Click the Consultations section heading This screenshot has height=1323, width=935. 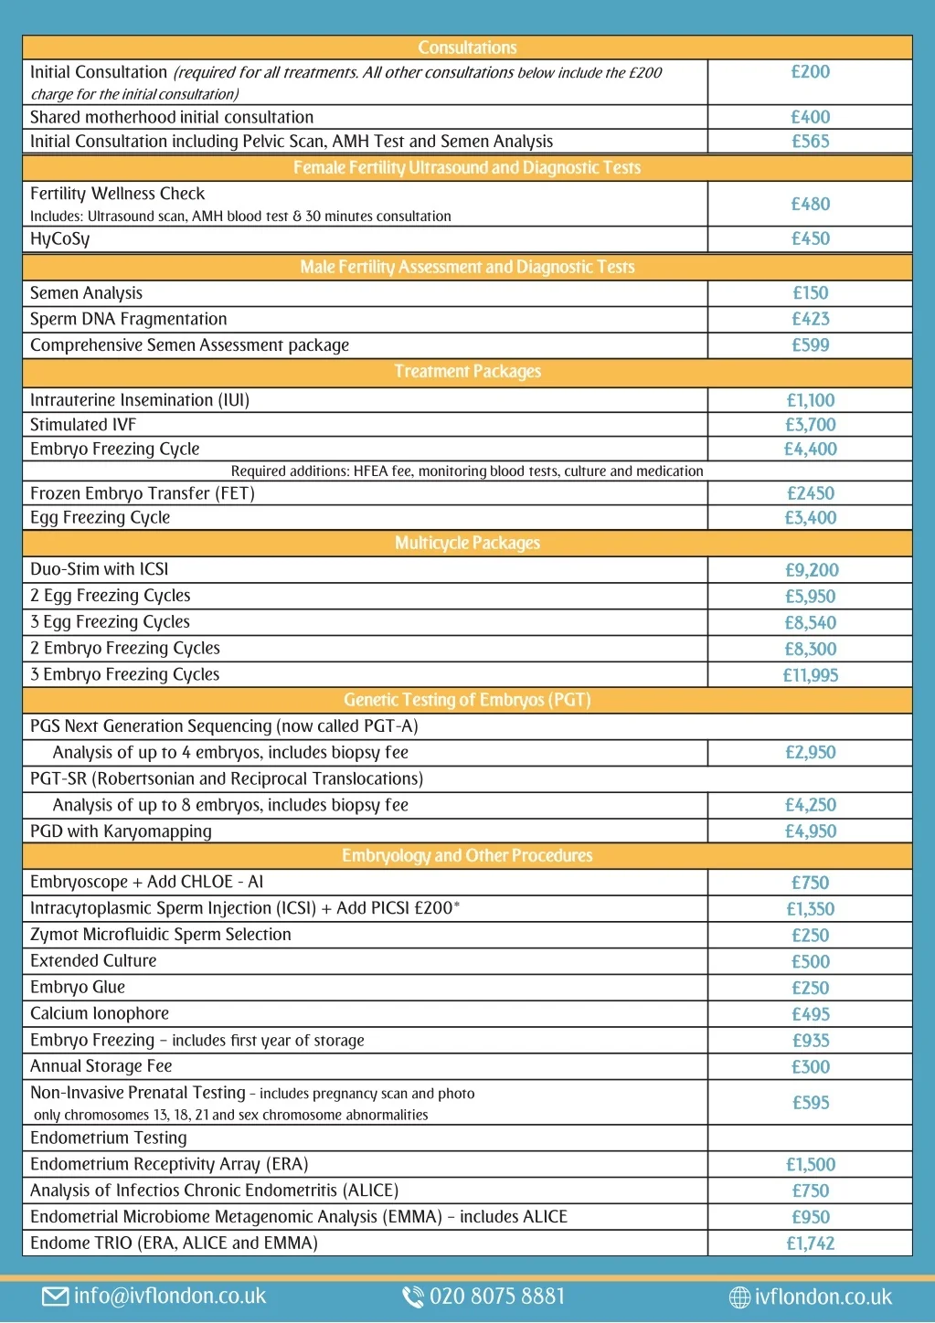tap(467, 48)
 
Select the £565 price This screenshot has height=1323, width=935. tap(810, 142)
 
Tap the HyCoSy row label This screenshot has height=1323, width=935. tap(60, 239)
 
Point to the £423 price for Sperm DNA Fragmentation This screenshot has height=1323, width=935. tap(810, 319)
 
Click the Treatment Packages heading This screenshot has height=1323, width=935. tap(467, 372)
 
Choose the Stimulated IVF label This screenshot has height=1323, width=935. tap(83, 425)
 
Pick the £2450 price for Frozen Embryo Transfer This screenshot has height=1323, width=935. tap(810, 493)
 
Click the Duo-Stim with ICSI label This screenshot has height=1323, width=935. tap(100, 569)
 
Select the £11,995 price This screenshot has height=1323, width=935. tap(810, 675)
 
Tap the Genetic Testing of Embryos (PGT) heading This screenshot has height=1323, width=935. tap(467, 700)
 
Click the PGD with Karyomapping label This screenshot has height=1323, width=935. tap(121, 831)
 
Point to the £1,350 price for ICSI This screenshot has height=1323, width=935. tap(810, 909)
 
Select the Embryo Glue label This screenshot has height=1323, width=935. tap(78, 988)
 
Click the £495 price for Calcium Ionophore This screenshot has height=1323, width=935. tap(810, 1014)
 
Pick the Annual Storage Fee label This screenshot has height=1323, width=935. tap(101, 1066)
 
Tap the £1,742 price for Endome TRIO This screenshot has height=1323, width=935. tap(810, 1244)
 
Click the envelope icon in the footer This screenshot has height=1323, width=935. tap(55, 1297)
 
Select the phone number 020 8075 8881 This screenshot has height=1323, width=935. tap(497, 1297)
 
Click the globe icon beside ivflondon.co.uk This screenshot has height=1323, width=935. tap(739, 1297)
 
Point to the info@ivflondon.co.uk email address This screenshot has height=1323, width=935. tap(170, 1297)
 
